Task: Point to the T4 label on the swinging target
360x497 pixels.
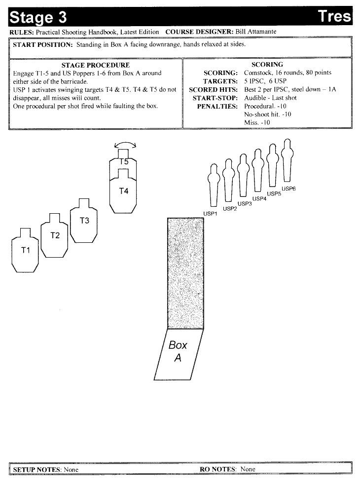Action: tap(124, 191)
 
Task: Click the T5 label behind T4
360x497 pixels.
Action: tap(124, 162)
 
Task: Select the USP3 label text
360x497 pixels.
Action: tap(245, 203)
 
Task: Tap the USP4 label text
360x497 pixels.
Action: tap(259, 199)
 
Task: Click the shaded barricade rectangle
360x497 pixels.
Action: tap(185, 273)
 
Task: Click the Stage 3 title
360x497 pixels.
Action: tap(38, 17)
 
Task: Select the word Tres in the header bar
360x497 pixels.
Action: tap(334, 16)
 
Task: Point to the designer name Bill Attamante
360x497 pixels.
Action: tap(256, 32)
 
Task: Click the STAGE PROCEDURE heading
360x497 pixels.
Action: tap(96, 65)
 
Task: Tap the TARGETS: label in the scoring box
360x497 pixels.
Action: tap(220, 81)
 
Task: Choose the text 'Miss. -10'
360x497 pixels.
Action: tap(257, 123)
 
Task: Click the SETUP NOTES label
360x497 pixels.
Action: tap(36, 470)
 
